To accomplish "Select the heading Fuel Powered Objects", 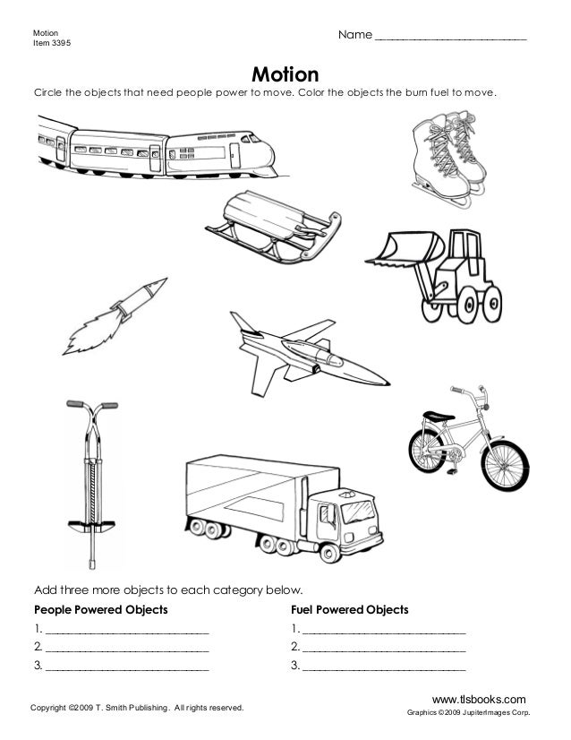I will click(349, 610).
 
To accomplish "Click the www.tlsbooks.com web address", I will click(478, 698).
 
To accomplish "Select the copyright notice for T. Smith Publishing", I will click(137, 709).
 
